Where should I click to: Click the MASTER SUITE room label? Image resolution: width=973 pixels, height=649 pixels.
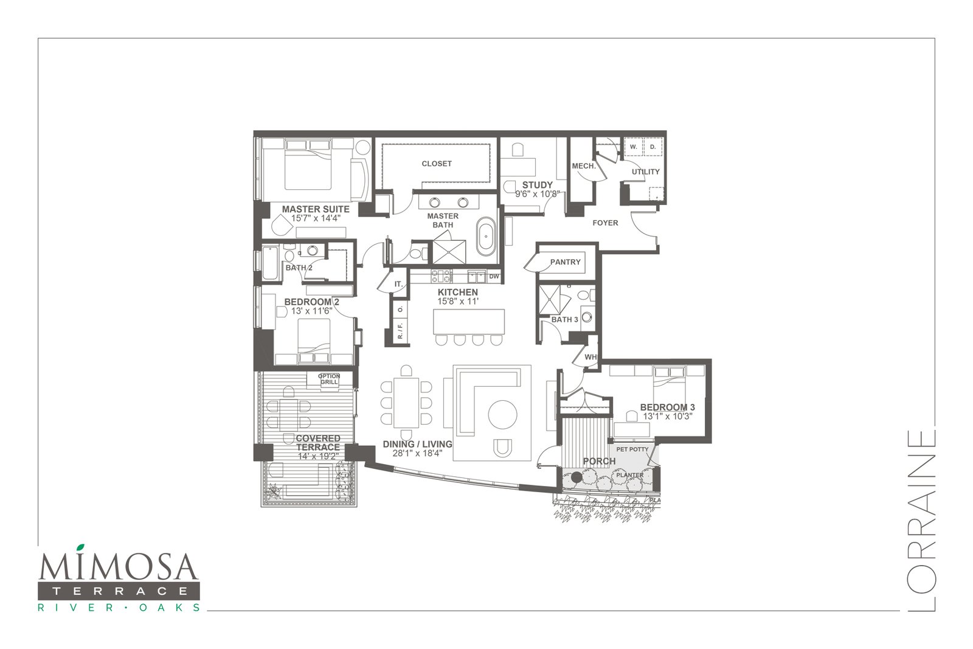coord(316,209)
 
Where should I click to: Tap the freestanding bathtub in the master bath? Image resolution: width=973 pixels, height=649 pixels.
coord(486,237)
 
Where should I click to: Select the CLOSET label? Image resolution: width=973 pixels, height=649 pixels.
coord(437,164)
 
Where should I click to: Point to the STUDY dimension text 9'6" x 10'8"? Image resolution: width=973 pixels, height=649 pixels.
coord(538,194)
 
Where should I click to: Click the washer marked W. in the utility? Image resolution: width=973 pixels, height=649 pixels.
coord(634,147)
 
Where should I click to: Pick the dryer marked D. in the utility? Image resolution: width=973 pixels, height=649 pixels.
coord(653,147)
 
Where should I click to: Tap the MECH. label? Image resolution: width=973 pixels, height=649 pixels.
coord(584,166)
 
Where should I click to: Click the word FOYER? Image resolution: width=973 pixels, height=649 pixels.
coord(605,223)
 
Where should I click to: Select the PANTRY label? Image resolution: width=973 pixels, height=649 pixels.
coord(565,262)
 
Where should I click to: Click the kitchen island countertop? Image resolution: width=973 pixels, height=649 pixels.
coord(469,322)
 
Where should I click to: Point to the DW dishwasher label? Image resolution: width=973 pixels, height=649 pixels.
coord(494,276)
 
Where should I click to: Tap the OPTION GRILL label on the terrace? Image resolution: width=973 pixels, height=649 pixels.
coord(329,379)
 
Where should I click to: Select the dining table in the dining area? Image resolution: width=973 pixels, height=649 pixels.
coord(406,403)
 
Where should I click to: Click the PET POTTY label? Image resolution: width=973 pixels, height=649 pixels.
coord(632,449)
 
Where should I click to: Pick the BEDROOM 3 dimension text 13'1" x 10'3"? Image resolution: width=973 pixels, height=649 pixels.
coord(667,416)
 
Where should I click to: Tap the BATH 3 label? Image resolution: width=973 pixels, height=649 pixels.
coord(565,320)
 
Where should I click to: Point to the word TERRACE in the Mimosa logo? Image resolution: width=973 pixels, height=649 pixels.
coord(120,591)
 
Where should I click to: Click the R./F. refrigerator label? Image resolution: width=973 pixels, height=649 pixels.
coord(400,330)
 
